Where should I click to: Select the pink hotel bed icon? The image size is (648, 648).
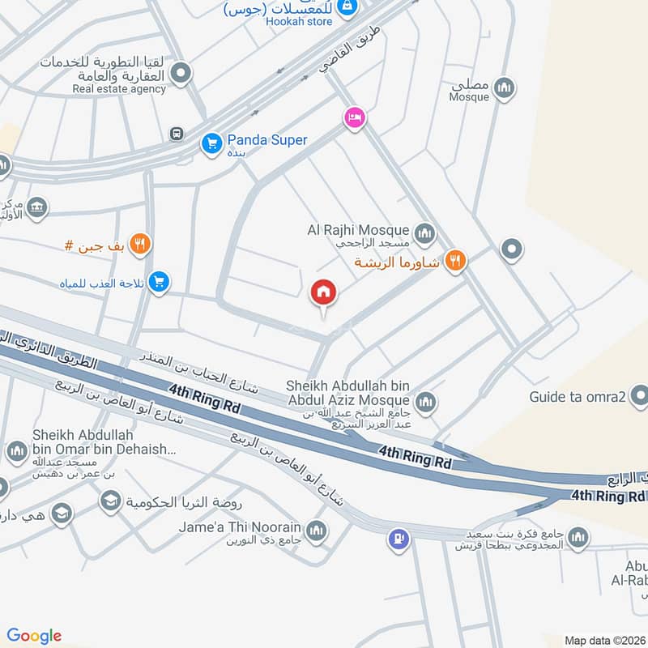coord(354,118)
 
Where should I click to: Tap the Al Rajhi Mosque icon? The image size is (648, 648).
coord(424,235)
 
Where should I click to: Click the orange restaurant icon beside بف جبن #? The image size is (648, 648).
coord(140,244)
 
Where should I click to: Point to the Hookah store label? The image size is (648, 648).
coord(298,22)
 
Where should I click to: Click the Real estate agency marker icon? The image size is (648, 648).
coord(182,73)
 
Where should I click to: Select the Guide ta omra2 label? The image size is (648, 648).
coord(578,398)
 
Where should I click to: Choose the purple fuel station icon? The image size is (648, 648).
coord(398,536)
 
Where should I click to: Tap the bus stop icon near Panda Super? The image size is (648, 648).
coord(176,133)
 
